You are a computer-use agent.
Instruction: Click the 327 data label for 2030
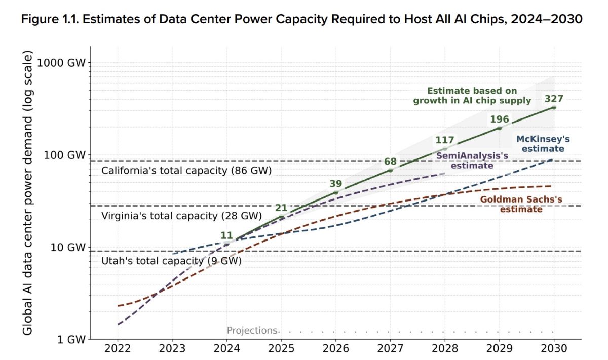point(553,98)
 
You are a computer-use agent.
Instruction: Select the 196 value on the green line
point(499,119)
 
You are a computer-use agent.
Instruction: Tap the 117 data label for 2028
point(445,140)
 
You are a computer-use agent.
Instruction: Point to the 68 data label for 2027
point(390,162)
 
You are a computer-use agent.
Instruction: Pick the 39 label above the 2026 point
point(336,184)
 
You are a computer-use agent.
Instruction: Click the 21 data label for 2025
point(281,208)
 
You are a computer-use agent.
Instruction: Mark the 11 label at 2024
point(226,235)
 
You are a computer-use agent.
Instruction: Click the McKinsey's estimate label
point(540,144)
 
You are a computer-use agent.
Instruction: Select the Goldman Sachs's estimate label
point(521,205)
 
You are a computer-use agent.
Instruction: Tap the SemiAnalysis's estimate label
point(465,161)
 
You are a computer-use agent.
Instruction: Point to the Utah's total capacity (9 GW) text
point(172,261)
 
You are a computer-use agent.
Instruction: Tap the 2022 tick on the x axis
point(118,349)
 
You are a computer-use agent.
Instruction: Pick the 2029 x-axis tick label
point(499,349)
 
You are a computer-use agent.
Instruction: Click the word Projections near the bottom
point(252,331)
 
